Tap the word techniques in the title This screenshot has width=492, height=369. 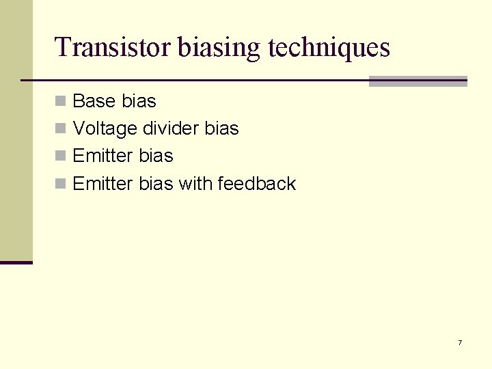329,47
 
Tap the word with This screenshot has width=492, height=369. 195,183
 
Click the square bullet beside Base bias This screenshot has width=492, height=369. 61,101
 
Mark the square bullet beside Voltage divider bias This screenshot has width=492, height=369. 61,128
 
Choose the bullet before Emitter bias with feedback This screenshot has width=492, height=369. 61,183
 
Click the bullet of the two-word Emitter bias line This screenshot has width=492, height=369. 61,156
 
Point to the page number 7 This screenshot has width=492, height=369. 460,342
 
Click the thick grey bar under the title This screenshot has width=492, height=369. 418,81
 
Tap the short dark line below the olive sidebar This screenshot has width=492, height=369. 16,262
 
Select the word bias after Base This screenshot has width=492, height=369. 139,101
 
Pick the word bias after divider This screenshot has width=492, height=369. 221,128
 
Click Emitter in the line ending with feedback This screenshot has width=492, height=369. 102,183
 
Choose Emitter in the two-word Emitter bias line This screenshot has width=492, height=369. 102,156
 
